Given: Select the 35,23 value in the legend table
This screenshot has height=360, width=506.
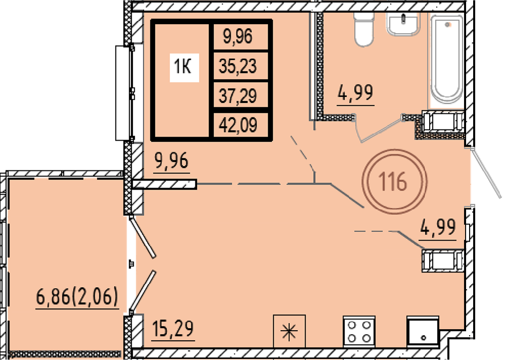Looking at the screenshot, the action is click(x=238, y=66).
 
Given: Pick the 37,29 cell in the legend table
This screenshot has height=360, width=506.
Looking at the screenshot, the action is click(x=238, y=96).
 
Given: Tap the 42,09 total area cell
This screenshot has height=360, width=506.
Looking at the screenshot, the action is click(x=238, y=125).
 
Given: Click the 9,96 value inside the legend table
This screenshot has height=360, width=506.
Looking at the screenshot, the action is click(x=238, y=36).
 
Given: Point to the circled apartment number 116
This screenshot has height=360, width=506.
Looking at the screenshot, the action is click(x=394, y=182).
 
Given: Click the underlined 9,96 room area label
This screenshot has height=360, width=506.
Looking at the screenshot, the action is click(x=172, y=161).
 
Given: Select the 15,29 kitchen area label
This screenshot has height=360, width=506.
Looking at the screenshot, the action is click(x=173, y=329).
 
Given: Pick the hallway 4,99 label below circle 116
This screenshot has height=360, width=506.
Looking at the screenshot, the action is click(x=438, y=228).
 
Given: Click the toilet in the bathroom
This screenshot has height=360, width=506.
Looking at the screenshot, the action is click(x=364, y=29).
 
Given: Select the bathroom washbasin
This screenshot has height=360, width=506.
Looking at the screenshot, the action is click(x=403, y=23).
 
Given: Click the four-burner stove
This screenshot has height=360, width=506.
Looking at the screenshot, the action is click(x=359, y=332).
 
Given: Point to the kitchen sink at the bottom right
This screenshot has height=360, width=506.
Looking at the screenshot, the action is click(x=423, y=332).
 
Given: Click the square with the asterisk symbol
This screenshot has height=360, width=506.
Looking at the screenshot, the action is click(x=289, y=331).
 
